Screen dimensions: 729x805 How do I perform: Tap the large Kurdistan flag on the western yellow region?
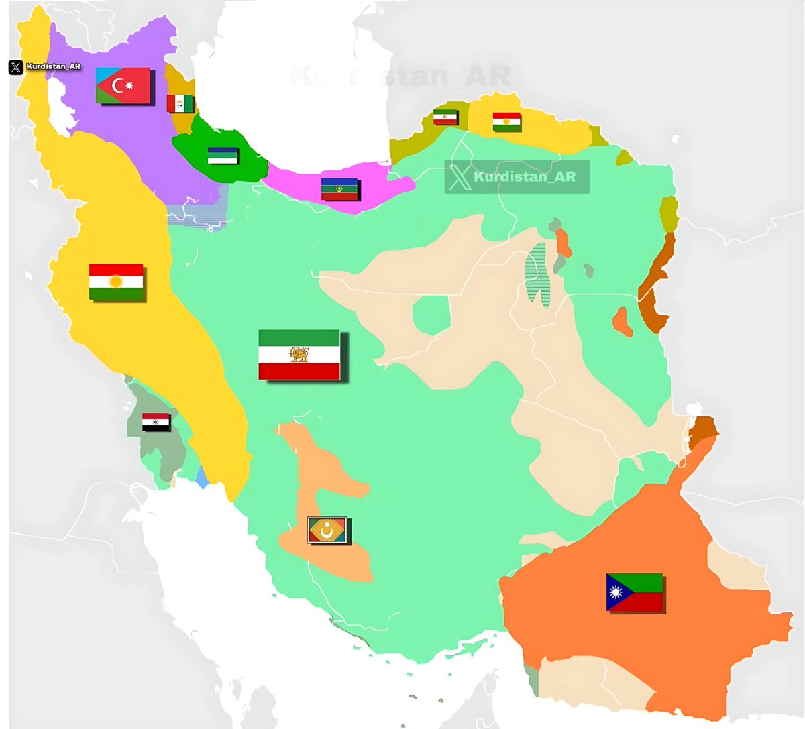[116, 282]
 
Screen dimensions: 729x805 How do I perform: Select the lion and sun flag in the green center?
[299, 355]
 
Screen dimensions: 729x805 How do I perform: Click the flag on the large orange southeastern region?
[635, 592]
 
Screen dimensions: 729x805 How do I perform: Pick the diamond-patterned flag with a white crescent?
[327, 530]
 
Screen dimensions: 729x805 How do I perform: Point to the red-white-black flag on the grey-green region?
[156, 423]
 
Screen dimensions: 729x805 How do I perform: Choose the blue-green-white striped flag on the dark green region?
[223, 156]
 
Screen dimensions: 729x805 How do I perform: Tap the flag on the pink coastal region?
[340, 190]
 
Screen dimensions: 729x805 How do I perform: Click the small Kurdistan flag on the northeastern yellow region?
[506, 122]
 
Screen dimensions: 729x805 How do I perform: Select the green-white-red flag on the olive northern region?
[445, 117]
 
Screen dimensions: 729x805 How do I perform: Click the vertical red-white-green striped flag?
[180, 103]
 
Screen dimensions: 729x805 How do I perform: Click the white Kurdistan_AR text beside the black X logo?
[54, 67]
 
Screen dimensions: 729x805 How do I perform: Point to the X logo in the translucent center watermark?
[460, 177]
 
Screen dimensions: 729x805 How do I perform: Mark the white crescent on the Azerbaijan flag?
[120, 86]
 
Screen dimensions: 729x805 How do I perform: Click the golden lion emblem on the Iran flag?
[299, 354]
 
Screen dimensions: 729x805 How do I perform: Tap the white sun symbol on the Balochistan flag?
[615, 593]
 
